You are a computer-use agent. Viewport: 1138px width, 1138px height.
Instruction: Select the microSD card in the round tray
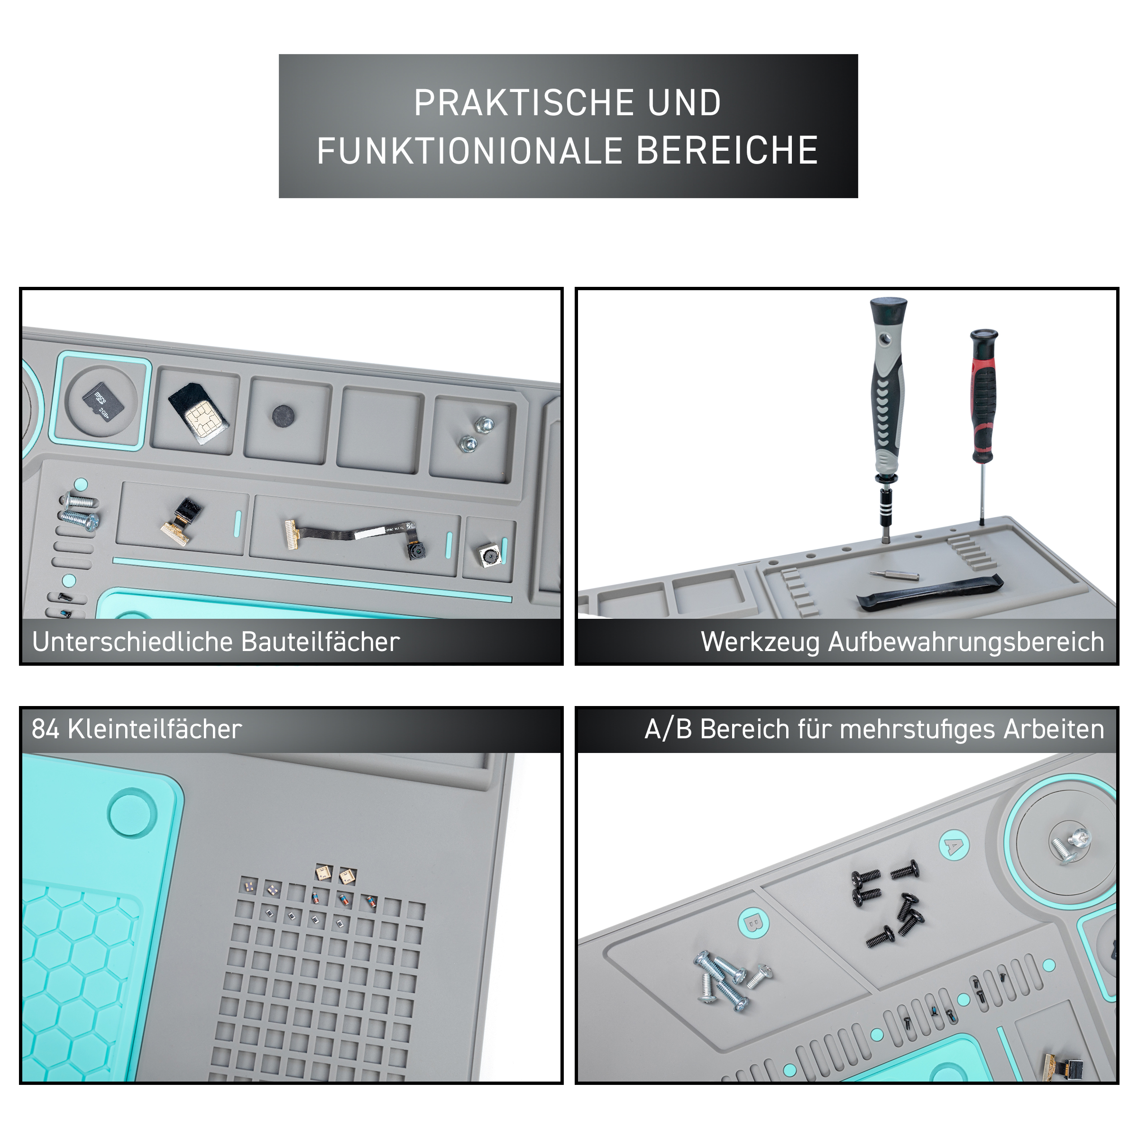pyautogui.click(x=103, y=402)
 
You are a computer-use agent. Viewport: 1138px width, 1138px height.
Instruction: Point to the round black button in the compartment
pyautogui.click(x=284, y=416)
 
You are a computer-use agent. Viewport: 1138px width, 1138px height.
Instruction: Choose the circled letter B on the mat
pyautogui.click(x=753, y=922)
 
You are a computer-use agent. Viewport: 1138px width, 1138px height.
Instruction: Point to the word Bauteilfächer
pyautogui.click(x=321, y=642)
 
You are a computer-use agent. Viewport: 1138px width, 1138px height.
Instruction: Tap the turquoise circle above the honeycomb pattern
pyautogui.click(x=133, y=812)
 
